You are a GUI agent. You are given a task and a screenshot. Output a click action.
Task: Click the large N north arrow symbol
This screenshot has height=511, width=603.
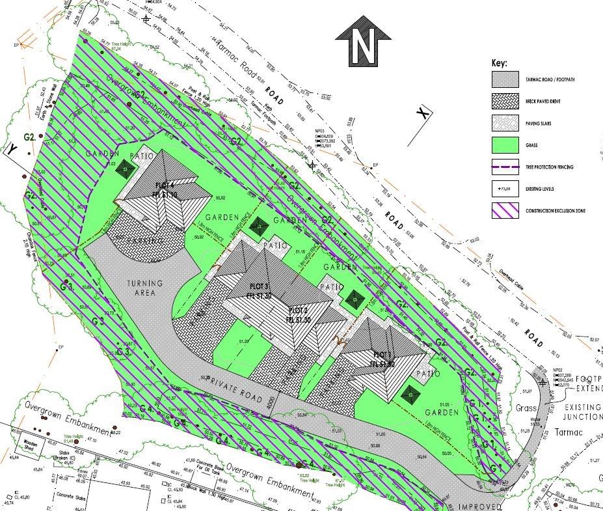tap(362, 46)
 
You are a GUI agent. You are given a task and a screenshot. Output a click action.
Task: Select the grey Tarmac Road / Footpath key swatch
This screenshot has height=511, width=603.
tap(505, 80)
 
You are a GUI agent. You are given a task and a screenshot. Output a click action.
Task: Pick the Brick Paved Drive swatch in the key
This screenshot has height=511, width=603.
tap(505, 102)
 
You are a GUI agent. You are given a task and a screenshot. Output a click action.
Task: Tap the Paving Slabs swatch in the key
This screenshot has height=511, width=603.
tap(505, 124)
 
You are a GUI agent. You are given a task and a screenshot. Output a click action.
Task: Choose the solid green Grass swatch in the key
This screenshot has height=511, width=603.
tap(505, 145)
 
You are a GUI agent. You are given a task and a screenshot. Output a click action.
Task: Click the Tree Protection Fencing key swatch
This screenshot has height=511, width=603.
tap(505, 167)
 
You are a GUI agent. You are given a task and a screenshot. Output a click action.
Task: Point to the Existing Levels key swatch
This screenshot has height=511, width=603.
tap(505, 189)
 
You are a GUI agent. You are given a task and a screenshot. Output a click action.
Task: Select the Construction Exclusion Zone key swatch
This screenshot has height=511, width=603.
tap(505, 211)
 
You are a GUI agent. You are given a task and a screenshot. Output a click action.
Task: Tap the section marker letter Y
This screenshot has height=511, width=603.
tap(12, 149)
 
